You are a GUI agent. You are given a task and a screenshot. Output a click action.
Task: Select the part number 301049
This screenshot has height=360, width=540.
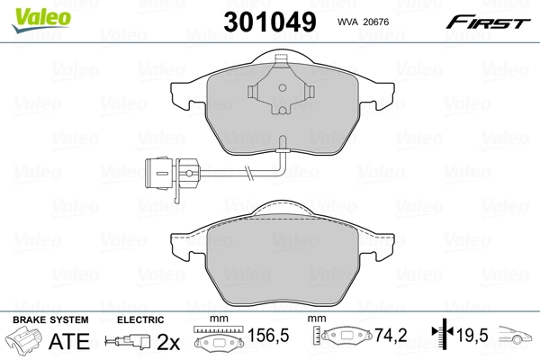271,19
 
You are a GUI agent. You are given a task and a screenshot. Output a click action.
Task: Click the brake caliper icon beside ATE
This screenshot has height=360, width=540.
26,342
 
